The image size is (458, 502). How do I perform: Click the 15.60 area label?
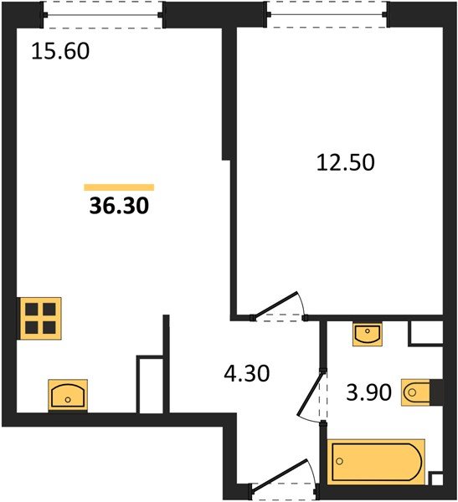tap(60, 51)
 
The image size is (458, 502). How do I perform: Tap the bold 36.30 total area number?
tap(119, 206)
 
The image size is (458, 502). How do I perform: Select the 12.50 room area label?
tap(345, 162)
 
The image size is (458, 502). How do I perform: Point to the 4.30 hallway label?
tap(246, 373)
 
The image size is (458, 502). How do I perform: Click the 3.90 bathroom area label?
tap(369, 392)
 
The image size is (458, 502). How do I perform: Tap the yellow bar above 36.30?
tap(119, 187)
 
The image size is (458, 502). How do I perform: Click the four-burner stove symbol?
tap(40, 318)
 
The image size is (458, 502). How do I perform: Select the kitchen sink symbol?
tap(68, 395)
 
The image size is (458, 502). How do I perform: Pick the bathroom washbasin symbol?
tap(368, 334)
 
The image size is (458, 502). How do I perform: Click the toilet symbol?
tap(416, 392)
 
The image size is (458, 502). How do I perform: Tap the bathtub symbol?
tap(376, 462)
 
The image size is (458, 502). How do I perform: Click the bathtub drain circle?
tap(339, 461)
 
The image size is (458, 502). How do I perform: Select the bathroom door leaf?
tap(310, 393)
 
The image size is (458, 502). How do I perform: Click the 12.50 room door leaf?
tap(275, 305)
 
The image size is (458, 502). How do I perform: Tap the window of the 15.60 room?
tap(102, 15)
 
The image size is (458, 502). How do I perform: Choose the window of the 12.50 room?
tap(327, 14)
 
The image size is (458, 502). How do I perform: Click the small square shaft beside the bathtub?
tap(437, 479)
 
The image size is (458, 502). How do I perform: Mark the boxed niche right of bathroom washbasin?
tap(426, 332)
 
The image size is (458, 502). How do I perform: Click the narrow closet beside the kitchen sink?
tap(151, 385)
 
